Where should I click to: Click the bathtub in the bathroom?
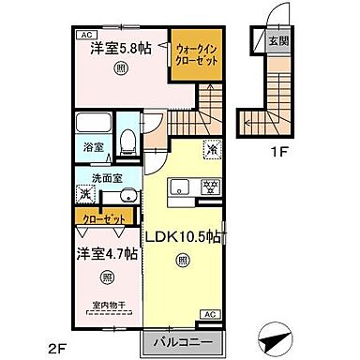pos(93,125)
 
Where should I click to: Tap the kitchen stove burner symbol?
pos(212,184)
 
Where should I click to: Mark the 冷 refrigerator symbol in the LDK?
pos(212,148)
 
